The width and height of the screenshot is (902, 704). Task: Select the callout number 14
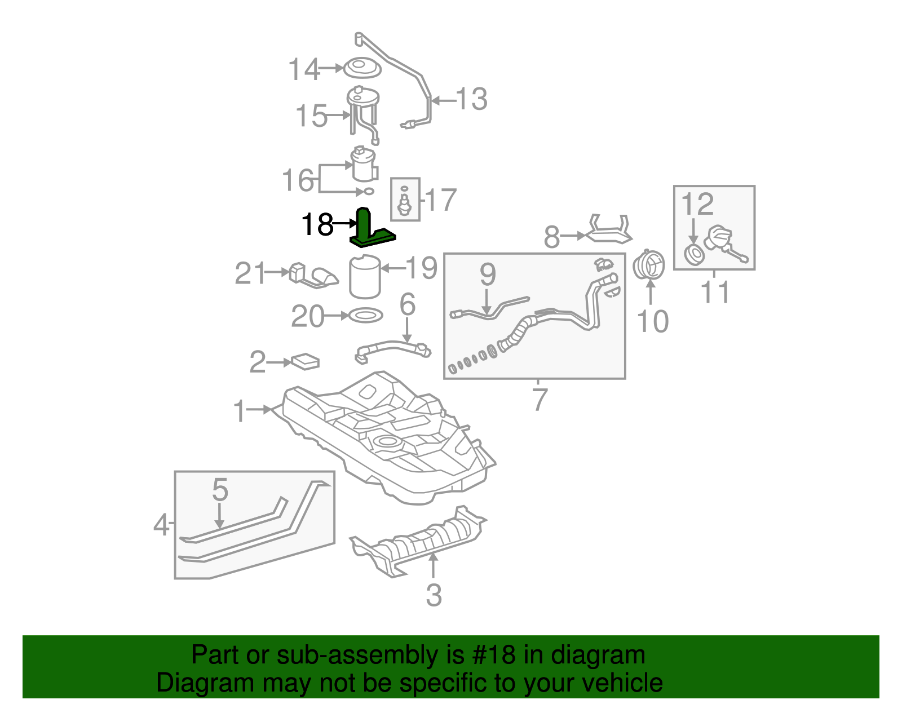(304, 69)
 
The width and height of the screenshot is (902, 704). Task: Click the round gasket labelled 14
(362, 69)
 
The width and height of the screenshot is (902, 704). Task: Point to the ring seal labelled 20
(365, 316)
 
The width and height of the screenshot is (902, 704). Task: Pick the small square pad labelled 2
(305, 361)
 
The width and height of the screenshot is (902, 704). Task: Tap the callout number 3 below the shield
(433, 595)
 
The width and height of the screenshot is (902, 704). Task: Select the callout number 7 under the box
(540, 399)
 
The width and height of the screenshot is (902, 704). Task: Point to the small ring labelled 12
(693, 254)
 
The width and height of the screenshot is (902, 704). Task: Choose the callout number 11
(715, 293)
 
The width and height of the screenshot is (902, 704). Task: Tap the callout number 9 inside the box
(488, 274)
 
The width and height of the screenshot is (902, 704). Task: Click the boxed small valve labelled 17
(404, 201)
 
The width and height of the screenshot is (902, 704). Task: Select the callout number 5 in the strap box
(220, 489)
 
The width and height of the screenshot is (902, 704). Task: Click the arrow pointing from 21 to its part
(276, 272)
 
